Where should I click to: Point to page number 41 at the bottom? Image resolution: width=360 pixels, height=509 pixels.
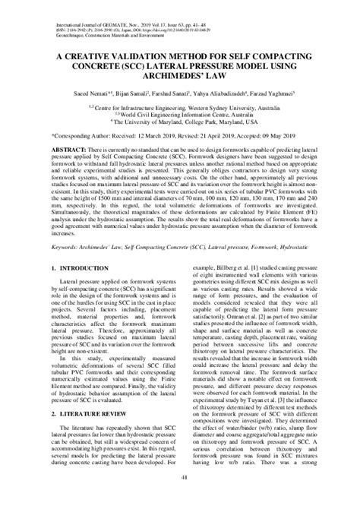click(x=179, y=497)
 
